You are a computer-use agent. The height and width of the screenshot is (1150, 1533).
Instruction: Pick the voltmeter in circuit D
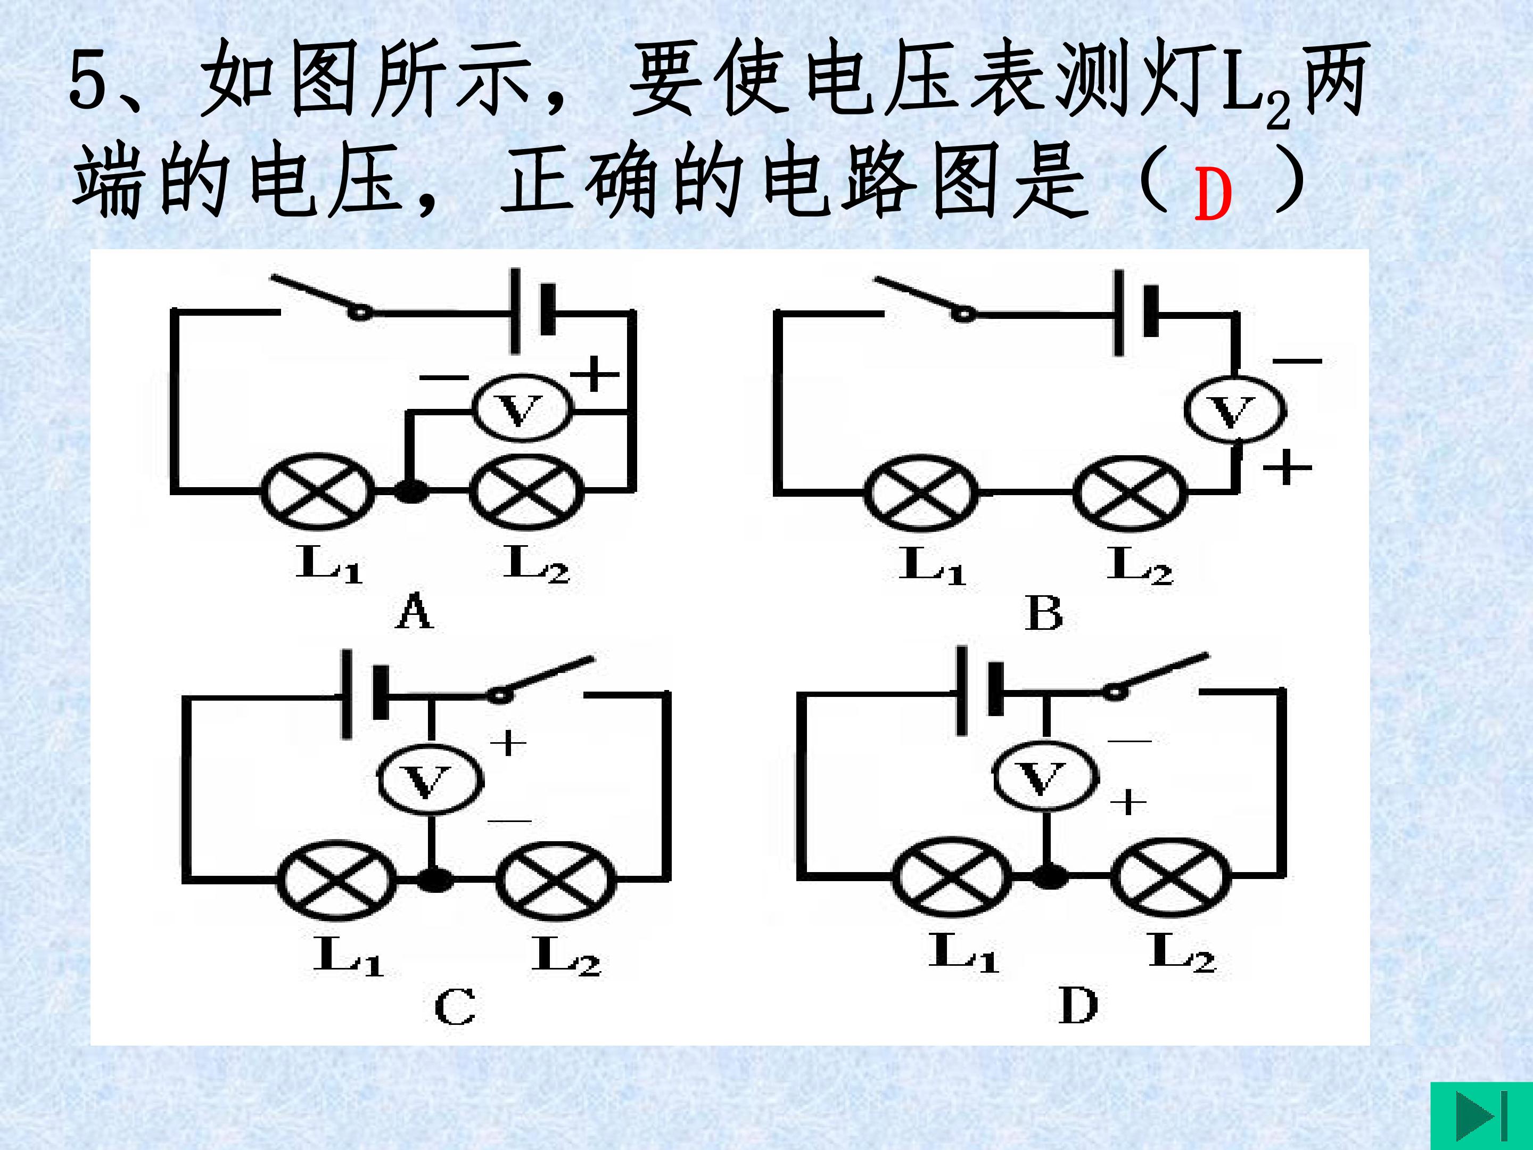[1046, 776]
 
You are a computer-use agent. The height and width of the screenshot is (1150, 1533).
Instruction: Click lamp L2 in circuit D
[1171, 877]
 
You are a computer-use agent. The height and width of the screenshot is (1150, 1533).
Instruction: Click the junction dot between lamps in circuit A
[411, 491]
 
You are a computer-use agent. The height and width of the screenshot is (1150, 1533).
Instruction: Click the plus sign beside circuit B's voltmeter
[1286, 468]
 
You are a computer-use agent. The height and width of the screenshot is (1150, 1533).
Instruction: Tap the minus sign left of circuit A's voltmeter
[443, 378]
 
